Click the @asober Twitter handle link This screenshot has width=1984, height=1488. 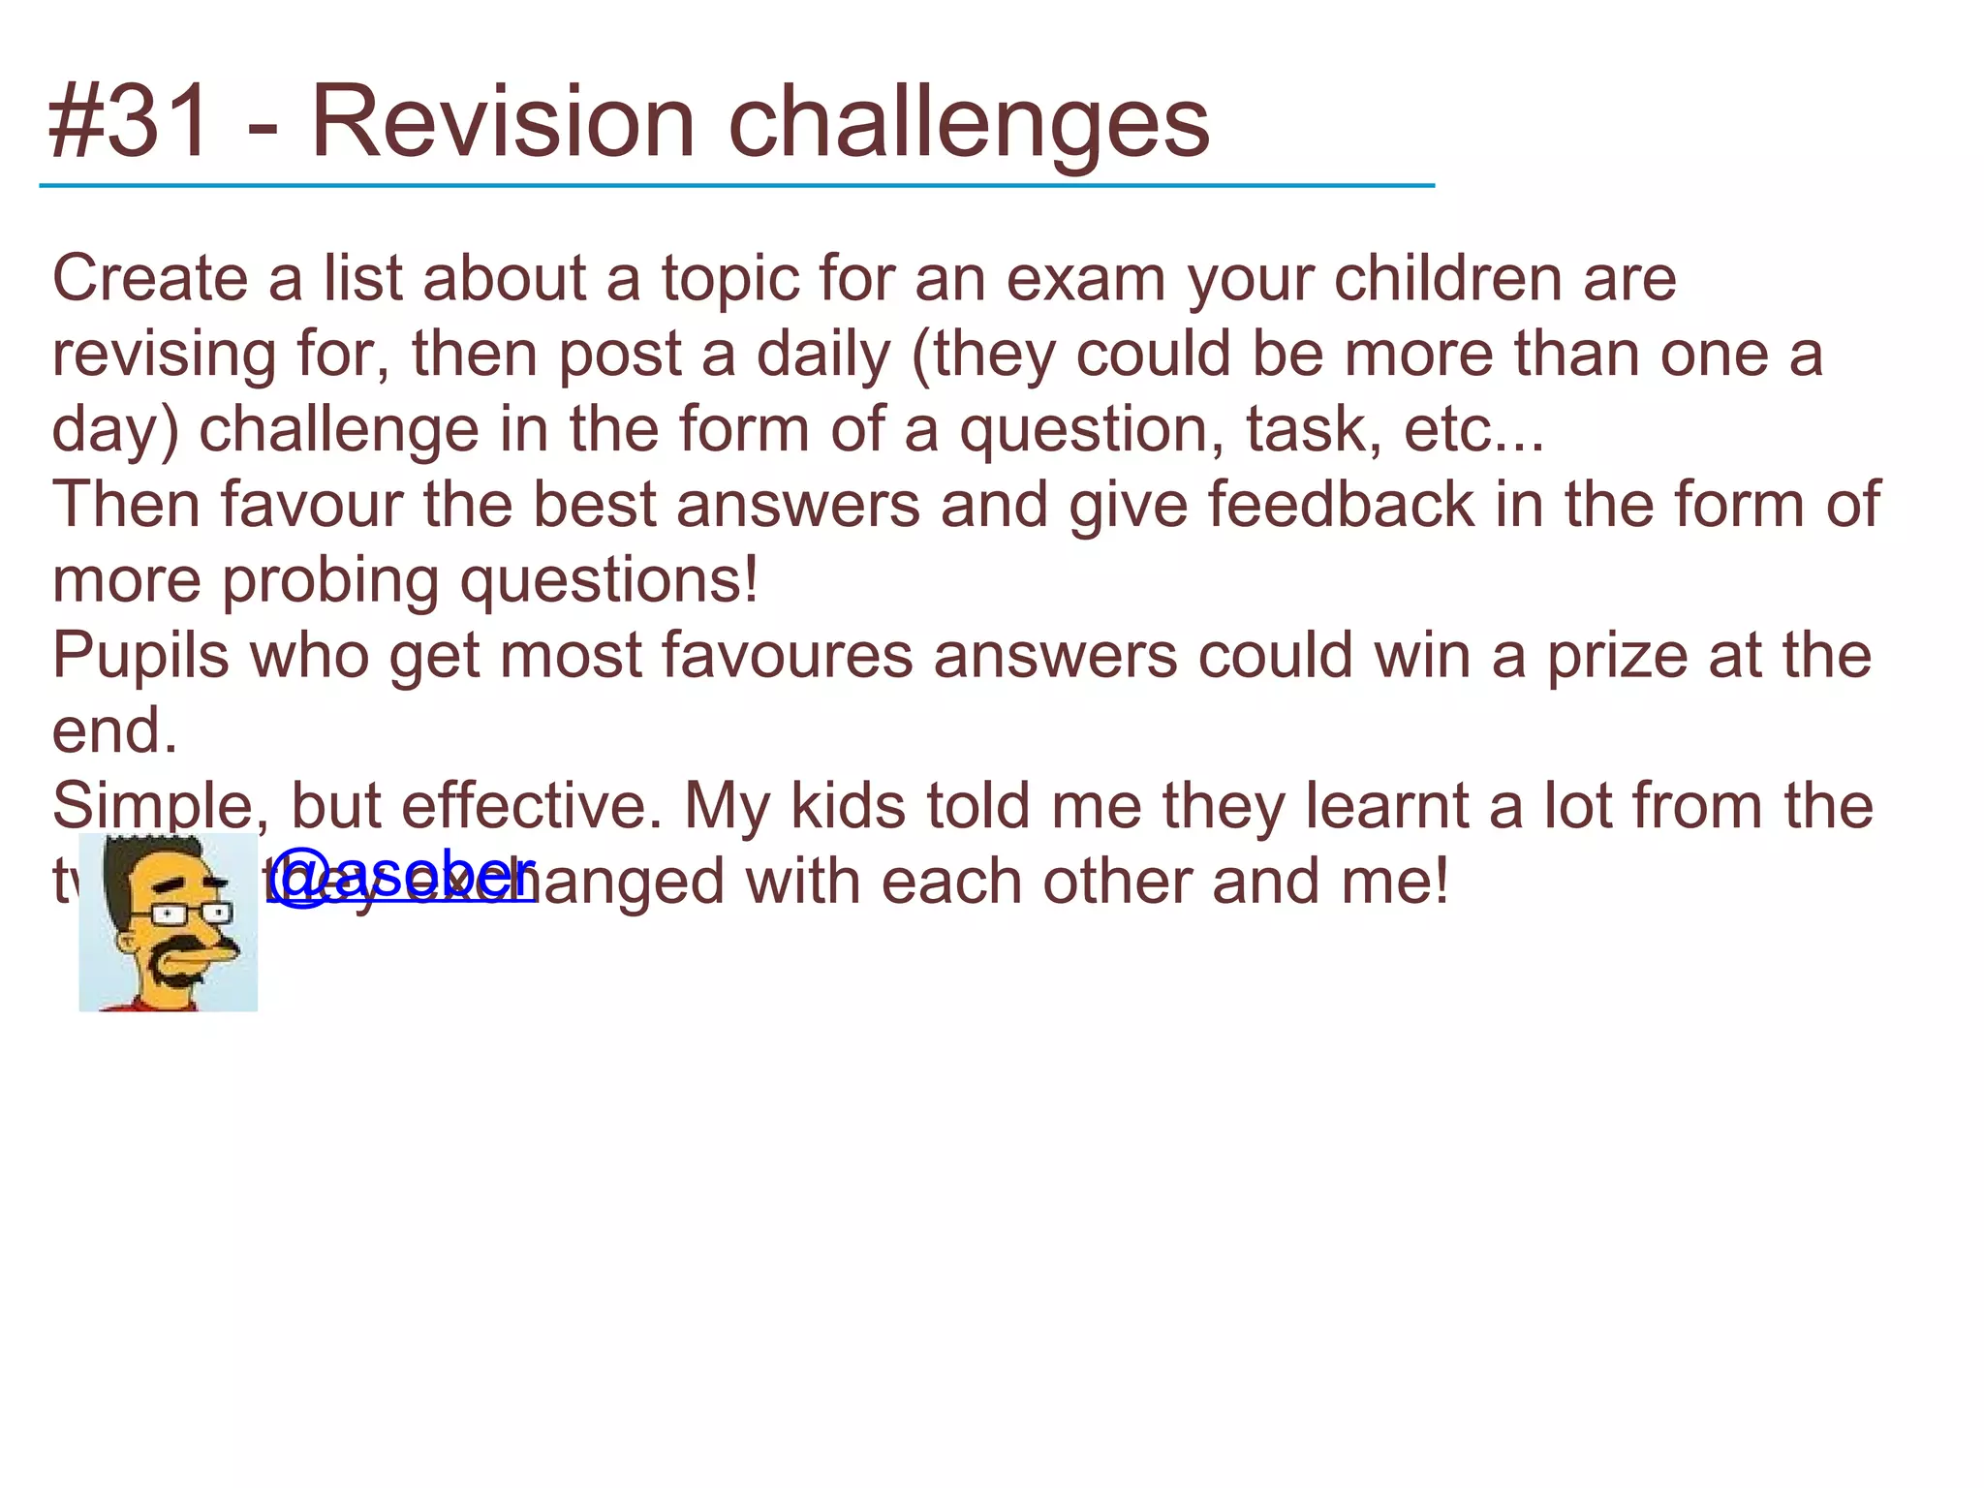click(401, 876)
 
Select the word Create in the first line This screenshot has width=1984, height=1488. click(150, 279)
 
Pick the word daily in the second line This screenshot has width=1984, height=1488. click(822, 355)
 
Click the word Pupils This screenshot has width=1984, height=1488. click(140, 657)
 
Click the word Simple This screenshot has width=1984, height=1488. click(160, 807)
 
